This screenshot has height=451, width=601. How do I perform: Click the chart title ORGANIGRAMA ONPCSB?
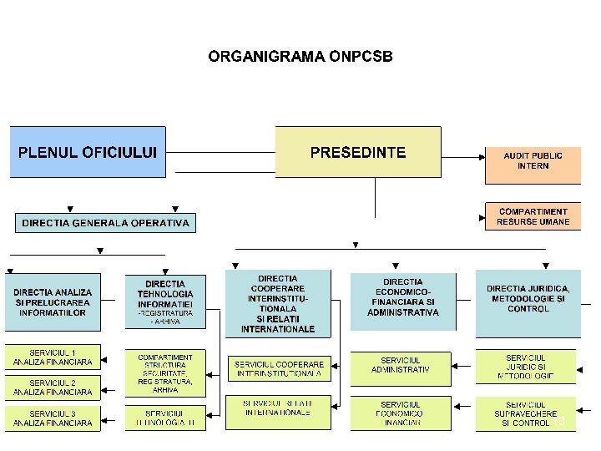300,57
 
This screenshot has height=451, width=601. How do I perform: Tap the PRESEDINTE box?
358,152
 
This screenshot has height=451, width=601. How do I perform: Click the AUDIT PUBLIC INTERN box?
533,162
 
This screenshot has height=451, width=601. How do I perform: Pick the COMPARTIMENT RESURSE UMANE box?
533,216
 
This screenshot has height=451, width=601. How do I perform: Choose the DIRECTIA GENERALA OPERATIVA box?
106,223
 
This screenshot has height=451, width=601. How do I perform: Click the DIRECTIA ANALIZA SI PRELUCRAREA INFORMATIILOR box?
53,303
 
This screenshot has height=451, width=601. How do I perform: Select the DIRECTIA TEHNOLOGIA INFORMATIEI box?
165,303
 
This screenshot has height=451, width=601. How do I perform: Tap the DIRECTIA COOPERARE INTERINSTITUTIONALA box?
278,303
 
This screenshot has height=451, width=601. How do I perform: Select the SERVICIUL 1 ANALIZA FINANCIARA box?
53,357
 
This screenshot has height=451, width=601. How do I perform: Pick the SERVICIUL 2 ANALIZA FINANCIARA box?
53,387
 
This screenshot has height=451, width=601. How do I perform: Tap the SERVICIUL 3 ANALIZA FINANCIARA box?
53,418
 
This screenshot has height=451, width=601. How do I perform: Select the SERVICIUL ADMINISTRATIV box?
400,365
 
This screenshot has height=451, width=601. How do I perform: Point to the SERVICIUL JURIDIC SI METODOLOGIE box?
526,367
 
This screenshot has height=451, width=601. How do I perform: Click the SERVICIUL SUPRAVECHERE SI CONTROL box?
526,413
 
